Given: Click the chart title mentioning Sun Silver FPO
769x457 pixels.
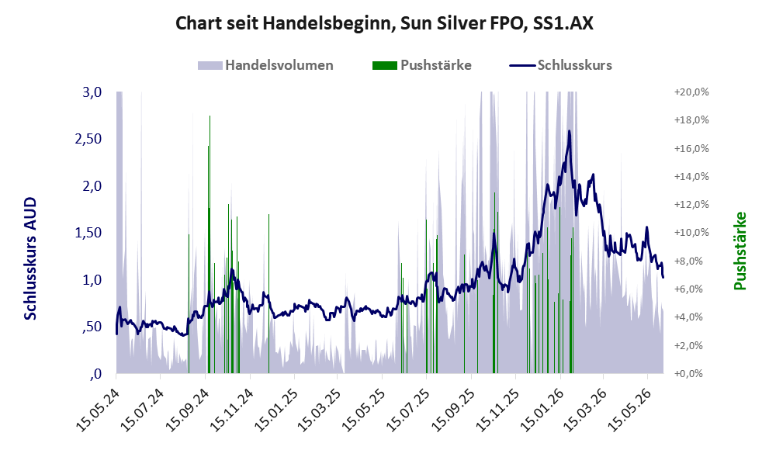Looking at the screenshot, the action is [x=384, y=23].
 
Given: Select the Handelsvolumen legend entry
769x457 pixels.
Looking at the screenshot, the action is [x=265, y=65].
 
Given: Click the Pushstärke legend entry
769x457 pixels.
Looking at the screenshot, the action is [x=422, y=65].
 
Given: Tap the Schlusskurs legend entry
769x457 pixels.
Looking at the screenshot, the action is [x=560, y=65].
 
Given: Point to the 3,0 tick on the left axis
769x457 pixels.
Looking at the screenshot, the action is [x=92, y=92].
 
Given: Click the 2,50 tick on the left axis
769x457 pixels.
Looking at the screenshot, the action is [x=88, y=139].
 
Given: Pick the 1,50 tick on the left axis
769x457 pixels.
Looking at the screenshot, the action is [x=88, y=233].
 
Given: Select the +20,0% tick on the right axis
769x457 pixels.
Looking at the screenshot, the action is [x=691, y=92].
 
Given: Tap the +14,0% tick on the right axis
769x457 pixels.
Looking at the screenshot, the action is [x=691, y=177].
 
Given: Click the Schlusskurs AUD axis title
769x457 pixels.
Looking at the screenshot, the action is [x=30, y=258].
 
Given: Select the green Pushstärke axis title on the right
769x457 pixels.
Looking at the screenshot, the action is [x=740, y=251].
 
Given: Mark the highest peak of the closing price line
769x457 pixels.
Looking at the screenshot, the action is [x=569, y=131].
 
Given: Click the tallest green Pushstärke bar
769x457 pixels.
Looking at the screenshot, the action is [x=210, y=244].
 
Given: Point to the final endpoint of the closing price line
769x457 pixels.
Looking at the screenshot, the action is [x=663, y=278].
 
